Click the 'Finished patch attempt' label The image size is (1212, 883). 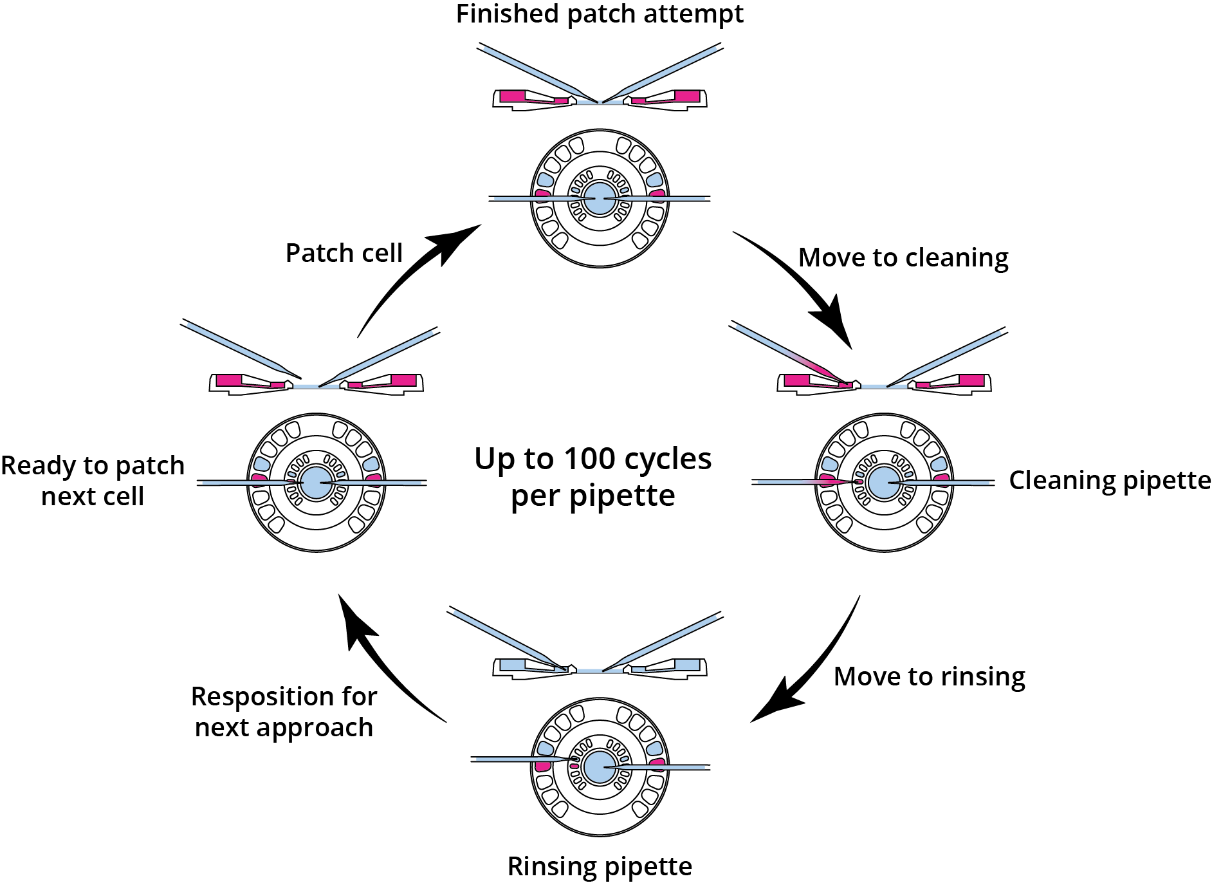[x=600, y=14]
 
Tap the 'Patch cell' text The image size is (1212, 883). [x=344, y=253]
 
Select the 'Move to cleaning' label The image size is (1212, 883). [x=903, y=257]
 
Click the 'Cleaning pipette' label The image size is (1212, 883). [x=1110, y=480]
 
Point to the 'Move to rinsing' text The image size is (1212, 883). [x=929, y=676]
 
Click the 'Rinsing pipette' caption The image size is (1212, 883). [x=600, y=866]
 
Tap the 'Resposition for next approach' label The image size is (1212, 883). [x=284, y=712]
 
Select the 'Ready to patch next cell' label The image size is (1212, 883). [x=93, y=481]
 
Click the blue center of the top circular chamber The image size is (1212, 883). [x=600, y=198]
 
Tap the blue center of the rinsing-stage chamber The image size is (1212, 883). [x=600, y=767]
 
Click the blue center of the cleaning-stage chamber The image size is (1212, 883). [x=884, y=482]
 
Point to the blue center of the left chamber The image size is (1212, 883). [x=316, y=483]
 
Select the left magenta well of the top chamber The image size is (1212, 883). [x=542, y=193]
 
